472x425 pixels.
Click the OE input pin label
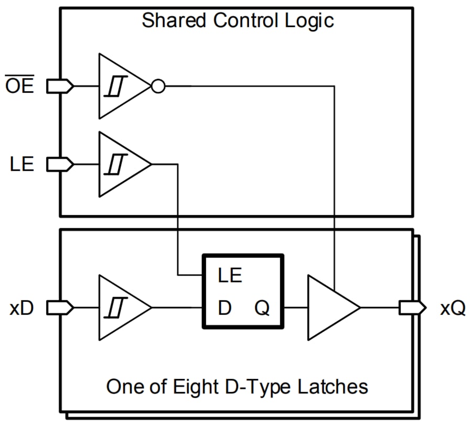click(x=19, y=86)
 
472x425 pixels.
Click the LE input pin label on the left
click(x=22, y=165)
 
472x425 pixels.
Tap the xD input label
click(x=22, y=308)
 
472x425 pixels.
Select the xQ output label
click(x=453, y=308)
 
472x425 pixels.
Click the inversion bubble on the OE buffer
click(x=157, y=86)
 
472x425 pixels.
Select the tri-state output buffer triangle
click(x=330, y=308)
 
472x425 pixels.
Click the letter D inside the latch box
click(x=224, y=308)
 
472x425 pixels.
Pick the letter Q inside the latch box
click(x=262, y=309)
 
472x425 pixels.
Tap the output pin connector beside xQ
click(x=412, y=308)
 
